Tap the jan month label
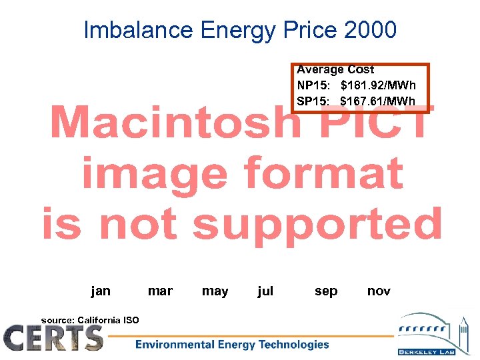(101, 291)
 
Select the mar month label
(160, 291)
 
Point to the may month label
(215, 291)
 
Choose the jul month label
(265, 291)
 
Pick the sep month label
(326, 291)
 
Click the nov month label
(379, 291)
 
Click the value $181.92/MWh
(377, 85)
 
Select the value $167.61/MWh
(377, 101)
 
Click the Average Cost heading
(335, 69)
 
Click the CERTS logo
(53, 337)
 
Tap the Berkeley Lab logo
(434, 333)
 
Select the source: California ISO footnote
(90, 320)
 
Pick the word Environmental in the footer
(175, 345)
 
